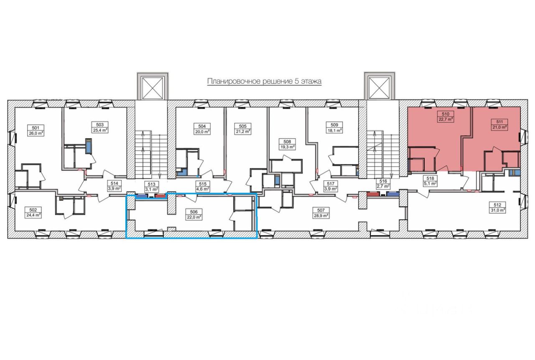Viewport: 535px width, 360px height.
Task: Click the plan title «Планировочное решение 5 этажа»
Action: [264, 81]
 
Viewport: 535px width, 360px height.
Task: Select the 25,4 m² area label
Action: [99, 130]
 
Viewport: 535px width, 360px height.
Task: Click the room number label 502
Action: [34, 210]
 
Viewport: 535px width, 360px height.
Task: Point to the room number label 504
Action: [202, 125]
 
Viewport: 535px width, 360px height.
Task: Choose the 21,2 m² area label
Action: [243, 131]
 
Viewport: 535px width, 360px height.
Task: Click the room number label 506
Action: [193, 211]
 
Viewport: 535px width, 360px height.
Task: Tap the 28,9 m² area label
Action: [321, 216]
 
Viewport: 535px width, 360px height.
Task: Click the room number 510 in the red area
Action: [446, 114]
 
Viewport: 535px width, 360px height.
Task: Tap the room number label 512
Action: [497, 205]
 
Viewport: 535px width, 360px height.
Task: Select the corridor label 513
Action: [152, 184]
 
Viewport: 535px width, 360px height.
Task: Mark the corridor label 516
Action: [382, 181]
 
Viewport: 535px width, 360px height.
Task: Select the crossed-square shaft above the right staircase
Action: [380, 87]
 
